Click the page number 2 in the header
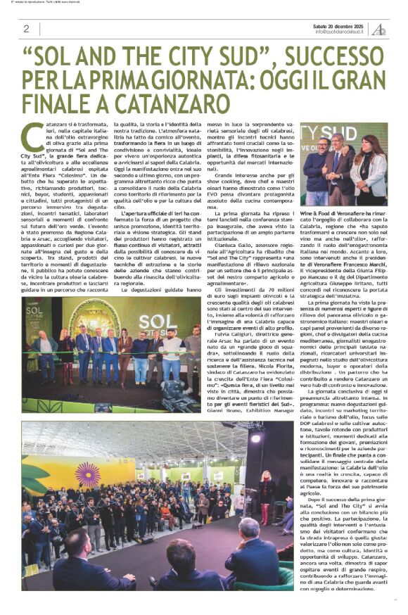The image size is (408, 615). [26, 29]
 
